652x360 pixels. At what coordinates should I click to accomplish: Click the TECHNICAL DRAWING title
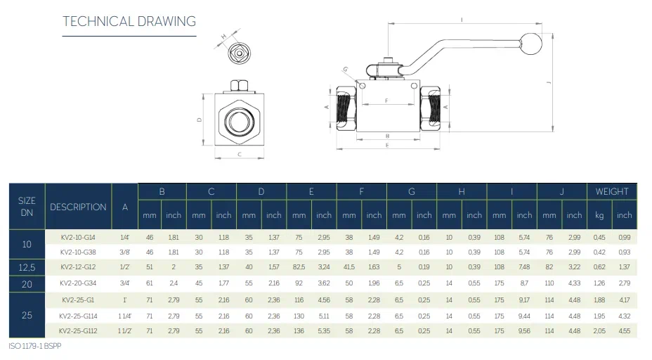pyautogui.click(x=129, y=21)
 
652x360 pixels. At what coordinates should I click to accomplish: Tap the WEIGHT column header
pyautogui.click(x=612, y=191)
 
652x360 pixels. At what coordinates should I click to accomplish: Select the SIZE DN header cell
pyautogui.click(x=27, y=206)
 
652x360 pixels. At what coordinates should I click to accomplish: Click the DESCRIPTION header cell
pyautogui.click(x=78, y=207)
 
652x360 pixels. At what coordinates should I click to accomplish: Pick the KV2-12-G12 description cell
pyautogui.click(x=77, y=267)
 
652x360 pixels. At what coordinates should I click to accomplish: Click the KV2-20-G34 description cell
pyautogui.click(x=77, y=283)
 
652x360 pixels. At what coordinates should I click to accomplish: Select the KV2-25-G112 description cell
pyautogui.click(x=77, y=330)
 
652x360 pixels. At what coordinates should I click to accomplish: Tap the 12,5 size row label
pyautogui.click(x=27, y=267)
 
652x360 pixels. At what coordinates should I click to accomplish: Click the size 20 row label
pyautogui.click(x=27, y=283)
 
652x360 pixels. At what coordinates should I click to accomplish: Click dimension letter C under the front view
pyautogui.click(x=240, y=155)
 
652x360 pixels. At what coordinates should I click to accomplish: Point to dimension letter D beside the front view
pyautogui.click(x=200, y=120)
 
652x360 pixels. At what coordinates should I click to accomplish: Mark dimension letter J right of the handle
pyautogui.click(x=548, y=83)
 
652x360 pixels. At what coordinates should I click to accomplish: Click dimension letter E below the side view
pyautogui.click(x=387, y=146)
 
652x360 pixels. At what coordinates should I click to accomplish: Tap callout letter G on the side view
pyautogui.click(x=346, y=69)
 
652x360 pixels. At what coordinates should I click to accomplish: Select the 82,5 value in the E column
pyautogui.click(x=299, y=267)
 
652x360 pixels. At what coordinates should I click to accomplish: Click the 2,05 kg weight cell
pyautogui.click(x=599, y=330)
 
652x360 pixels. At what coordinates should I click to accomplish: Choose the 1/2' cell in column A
pyautogui.click(x=125, y=267)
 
